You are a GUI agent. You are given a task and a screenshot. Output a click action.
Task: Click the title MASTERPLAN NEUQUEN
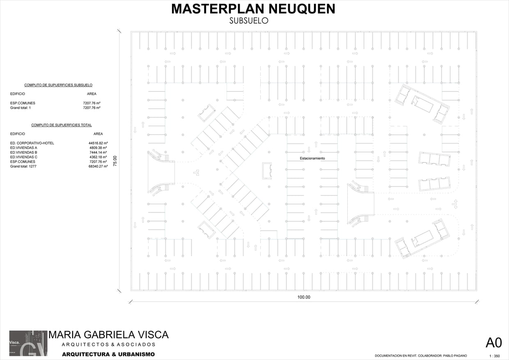pyautogui.click(x=253, y=9)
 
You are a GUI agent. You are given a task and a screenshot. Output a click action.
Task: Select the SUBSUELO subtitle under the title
pyautogui.click(x=249, y=21)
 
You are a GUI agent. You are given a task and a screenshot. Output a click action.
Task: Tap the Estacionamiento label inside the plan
pyautogui.click(x=312, y=158)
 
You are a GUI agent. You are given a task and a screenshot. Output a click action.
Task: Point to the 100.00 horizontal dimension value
pyautogui.click(x=304, y=297)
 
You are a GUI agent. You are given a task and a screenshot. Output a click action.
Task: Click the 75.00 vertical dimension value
pyautogui.click(x=115, y=161)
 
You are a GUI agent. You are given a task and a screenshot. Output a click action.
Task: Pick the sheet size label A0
pyautogui.click(x=493, y=343)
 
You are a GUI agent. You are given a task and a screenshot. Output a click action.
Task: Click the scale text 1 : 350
pyautogui.click(x=494, y=356)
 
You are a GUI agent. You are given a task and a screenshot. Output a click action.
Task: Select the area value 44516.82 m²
pyautogui.click(x=98, y=143)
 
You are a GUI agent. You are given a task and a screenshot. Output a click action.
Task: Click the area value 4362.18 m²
pyautogui.click(x=98, y=157)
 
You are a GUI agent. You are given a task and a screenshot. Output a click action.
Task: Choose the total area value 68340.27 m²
pyautogui.click(x=98, y=166)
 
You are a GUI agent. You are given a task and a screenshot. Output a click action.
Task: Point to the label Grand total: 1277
pyautogui.click(x=23, y=166)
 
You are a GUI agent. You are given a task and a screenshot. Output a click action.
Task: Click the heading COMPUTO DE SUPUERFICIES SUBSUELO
pyautogui.click(x=58, y=85)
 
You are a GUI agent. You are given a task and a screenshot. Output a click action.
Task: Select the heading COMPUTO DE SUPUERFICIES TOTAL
pyautogui.click(x=62, y=125)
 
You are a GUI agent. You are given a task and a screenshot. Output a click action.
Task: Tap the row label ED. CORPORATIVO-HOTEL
pyautogui.click(x=32, y=143)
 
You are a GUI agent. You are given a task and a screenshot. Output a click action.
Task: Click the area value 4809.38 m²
pyautogui.click(x=98, y=148)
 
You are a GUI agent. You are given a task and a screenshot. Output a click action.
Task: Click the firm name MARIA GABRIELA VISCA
pyautogui.click(x=108, y=335)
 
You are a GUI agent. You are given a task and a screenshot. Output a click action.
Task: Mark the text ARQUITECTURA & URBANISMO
pyautogui.click(x=108, y=354)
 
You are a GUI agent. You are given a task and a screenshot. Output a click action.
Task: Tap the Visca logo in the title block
pyautogui.click(x=28, y=343)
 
